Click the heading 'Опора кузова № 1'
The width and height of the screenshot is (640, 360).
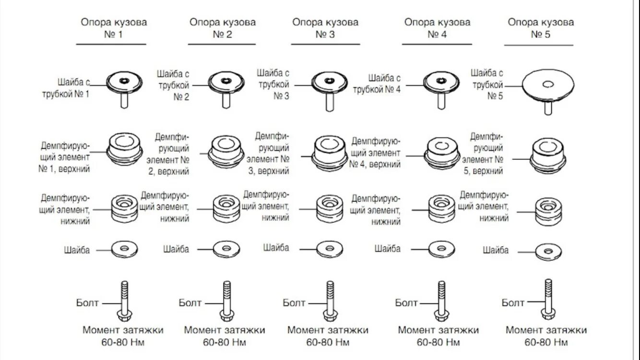pyautogui.click(x=113, y=28)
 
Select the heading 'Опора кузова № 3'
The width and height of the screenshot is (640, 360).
pyautogui.click(x=325, y=28)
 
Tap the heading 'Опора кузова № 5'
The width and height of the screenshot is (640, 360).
pyautogui.click(x=541, y=28)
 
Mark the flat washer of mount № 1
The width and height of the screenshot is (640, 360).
pyautogui.click(x=124, y=249)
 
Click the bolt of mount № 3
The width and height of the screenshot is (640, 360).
pyautogui.click(x=330, y=300)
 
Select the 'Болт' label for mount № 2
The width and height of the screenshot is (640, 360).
pyautogui.click(x=190, y=302)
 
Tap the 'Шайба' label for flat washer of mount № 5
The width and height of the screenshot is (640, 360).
pyautogui.click(x=496, y=250)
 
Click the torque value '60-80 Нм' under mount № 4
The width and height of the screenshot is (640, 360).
pyautogui.click(x=438, y=342)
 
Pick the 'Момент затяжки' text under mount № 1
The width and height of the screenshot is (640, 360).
pyautogui.click(x=123, y=330)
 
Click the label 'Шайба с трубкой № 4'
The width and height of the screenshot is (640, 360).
pyautogui.click(x=377, y=84)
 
